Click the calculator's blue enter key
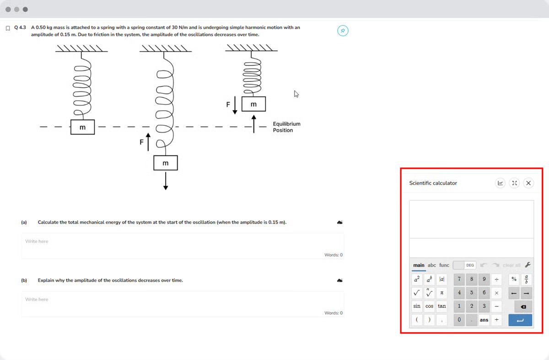tap(520, 320)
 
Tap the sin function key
tap(417, 306)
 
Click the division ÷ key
tap(496, 279)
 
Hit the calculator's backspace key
tap(523, 306)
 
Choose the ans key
tap(484, 320)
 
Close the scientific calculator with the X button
tap(528, 183)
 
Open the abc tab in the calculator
tap(431, 265)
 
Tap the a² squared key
tap(417, 279)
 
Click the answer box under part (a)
tap(183, 246)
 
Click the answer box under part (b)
tap(183, 304)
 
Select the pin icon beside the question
tap(343, 31)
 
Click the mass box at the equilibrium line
tap(82, 127)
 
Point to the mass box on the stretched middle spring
tap(166, 163)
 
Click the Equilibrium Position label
tap(286, 127)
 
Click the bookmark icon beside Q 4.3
tap(8, 28)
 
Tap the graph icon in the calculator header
tap(500, 183)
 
